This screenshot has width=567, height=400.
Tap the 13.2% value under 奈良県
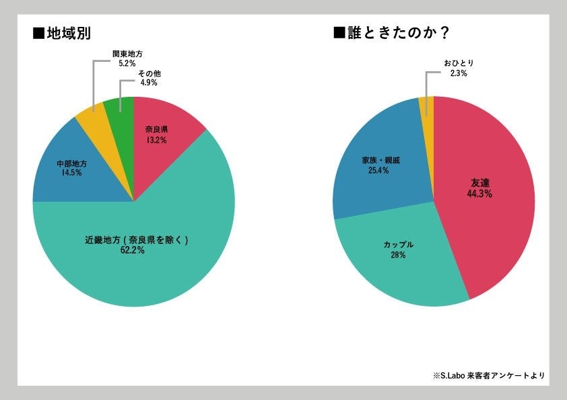coord(156,140)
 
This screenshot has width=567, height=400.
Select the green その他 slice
coord(119,108)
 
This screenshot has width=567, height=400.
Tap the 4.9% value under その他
coord(148,82)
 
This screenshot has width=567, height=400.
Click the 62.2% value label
coord(133,250)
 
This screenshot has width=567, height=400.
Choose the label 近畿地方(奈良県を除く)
coord(133,239)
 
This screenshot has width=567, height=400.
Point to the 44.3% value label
coord(479,194)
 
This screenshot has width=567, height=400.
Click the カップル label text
coord(397,245)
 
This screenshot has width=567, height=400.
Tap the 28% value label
coord(397,255)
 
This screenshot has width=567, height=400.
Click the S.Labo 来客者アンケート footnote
coord(488,375)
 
